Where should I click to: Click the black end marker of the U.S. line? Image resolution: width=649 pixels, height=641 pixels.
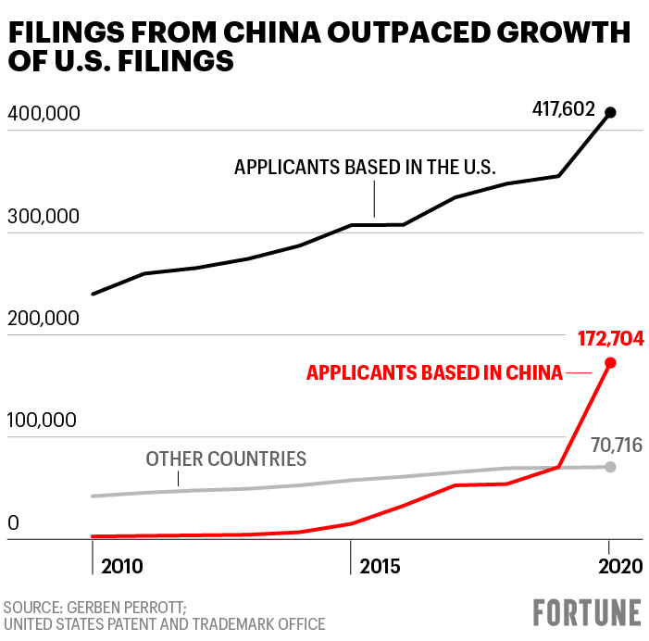click(x=609, y=113)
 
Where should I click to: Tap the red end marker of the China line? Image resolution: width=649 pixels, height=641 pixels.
click(x=609, y=363)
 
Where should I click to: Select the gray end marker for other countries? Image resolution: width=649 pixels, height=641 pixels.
click(x=609, y=466)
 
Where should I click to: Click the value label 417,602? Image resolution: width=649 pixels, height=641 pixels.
click(x=563, y=109)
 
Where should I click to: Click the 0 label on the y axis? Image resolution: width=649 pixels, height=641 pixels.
click(x=13, y=523)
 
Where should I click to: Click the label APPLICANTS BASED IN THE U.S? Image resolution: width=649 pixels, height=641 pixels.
click(x=366, y=168)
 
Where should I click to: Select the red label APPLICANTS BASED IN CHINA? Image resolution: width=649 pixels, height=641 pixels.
click(x=434, y=372)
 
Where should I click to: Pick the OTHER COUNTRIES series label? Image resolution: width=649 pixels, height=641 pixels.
click(x=226, y=459)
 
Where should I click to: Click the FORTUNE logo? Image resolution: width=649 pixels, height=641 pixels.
click(x=587, y=612)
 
